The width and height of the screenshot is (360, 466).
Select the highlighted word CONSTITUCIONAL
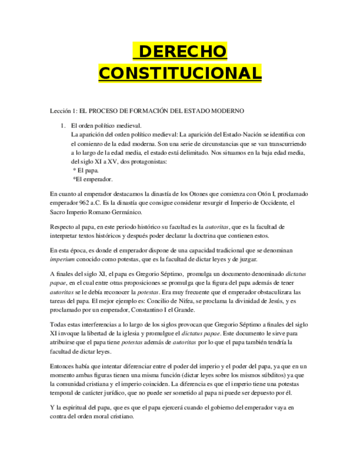(x=180, y=73)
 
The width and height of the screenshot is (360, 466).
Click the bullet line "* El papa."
(x=86, y=170)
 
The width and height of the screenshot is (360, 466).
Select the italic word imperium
(x=62, y=259)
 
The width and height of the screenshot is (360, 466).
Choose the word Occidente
(x=267, y=203)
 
